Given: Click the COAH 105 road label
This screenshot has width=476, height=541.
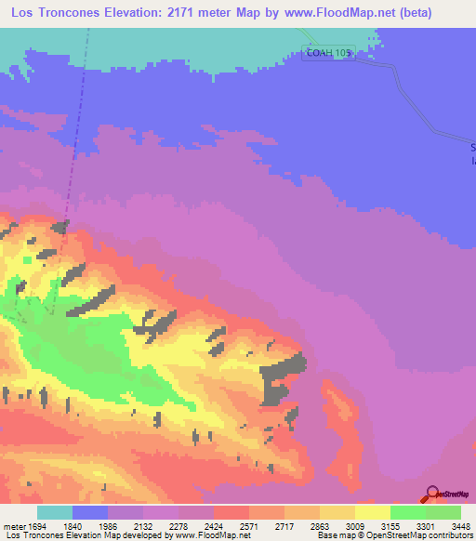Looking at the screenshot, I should pyautogui.click(x=326, y=54).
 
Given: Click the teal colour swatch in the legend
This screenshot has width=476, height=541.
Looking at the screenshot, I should pyautogui.click(x=54, y=512).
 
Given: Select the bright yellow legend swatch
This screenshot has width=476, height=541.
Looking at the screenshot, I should pyautogui.click(x=372, y=512).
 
